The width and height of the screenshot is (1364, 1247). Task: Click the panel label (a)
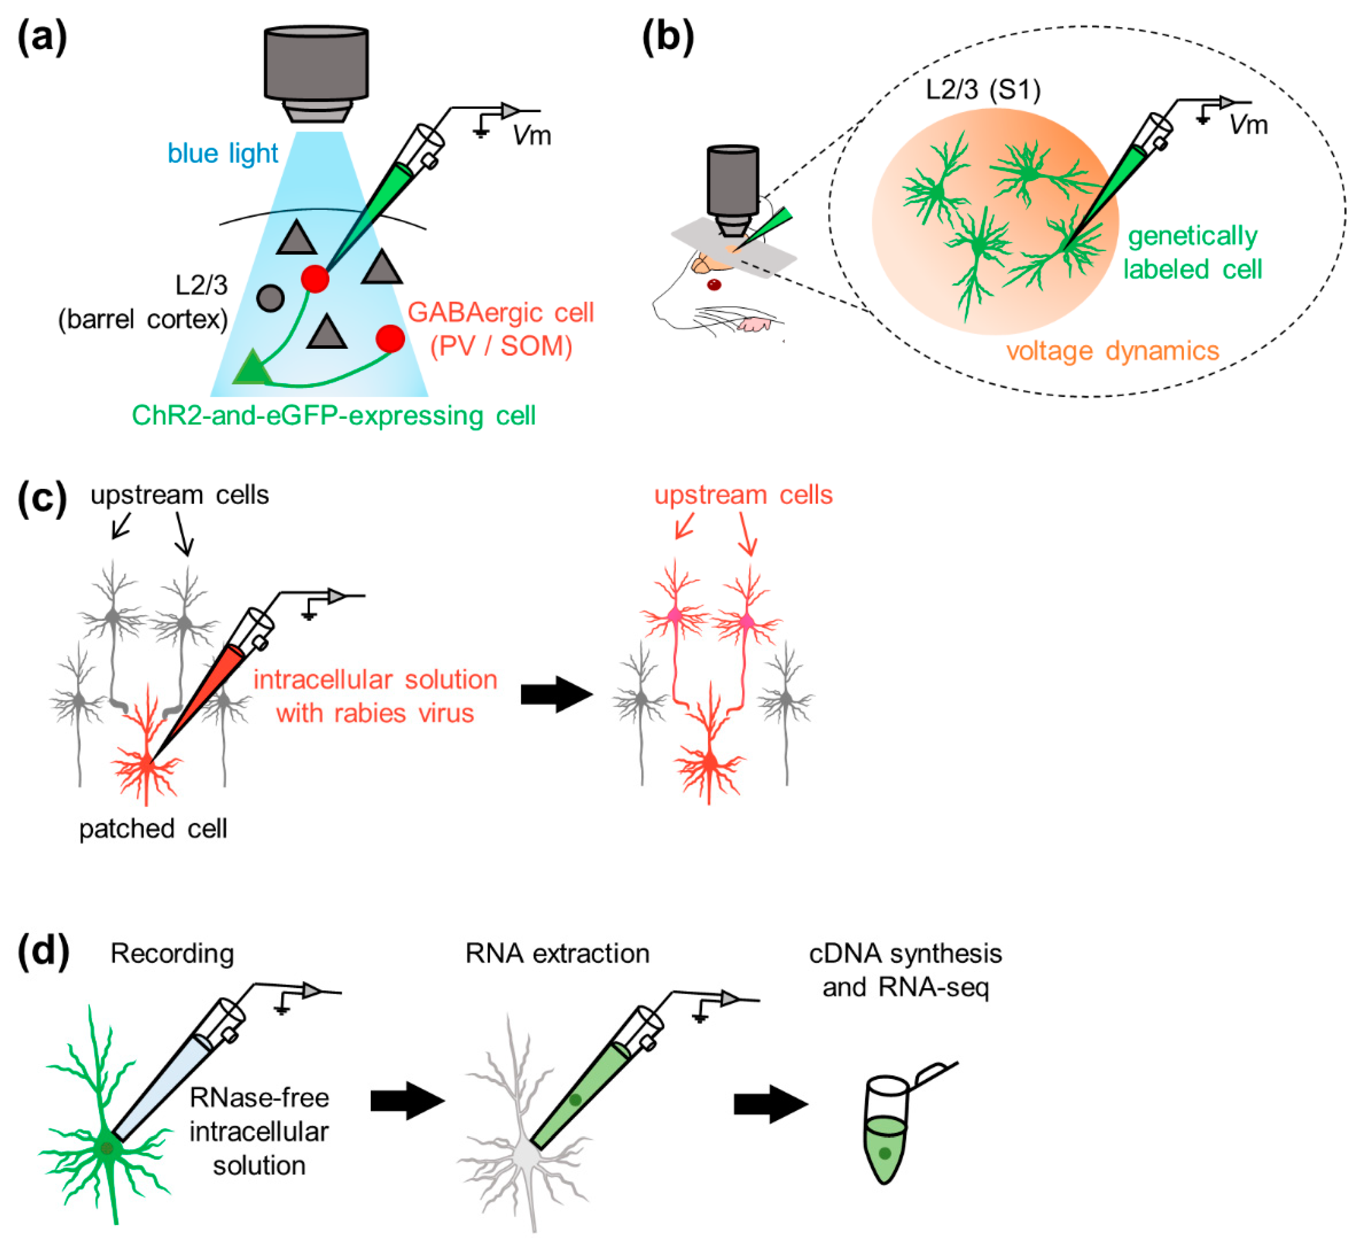(x=42, y=38)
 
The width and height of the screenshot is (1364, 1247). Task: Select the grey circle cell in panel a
(x=270, y=298)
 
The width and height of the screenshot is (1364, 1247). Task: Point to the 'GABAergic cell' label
(x=501, y=313)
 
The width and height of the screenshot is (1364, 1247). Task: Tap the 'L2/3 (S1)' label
(x=983, y=90)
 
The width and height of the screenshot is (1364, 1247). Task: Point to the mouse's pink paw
(x=754, y=324)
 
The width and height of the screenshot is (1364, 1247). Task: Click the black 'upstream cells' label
(x=180, y=495)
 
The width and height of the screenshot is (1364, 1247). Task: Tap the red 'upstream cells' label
(x=743, y=495)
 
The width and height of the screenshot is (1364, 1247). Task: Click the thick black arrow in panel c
(x=557, y=694)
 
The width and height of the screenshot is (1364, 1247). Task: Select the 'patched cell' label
(x=153, y=829)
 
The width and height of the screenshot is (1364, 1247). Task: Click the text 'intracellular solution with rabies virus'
(x=375, y=696)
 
